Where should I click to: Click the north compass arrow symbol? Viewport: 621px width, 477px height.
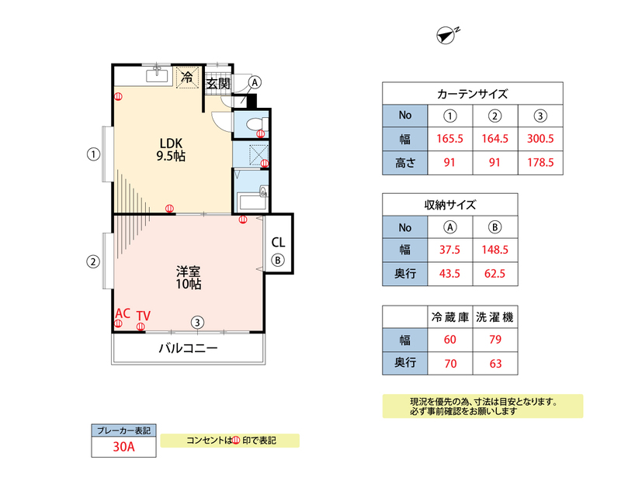[446, 36]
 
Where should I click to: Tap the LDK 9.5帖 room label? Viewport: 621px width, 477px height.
[171, 149]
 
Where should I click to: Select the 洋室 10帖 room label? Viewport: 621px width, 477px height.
[189, 278]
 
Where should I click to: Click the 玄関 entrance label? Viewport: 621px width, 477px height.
[218, 84]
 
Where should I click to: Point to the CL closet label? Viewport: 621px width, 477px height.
[278, 242]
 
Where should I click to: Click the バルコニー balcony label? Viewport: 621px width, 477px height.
[189, 348]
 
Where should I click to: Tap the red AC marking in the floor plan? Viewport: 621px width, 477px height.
[123, 313]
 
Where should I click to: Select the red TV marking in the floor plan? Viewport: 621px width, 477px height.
[144, 316]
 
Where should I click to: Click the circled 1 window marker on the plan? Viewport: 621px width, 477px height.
[93, 154]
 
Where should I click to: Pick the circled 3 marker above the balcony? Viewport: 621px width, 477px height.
[197, 322]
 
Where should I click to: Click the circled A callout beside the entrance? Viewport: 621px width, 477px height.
[255, 82]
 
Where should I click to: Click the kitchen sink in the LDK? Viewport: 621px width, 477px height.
[158, 74]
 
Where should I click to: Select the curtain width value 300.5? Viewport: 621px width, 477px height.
[540, 139]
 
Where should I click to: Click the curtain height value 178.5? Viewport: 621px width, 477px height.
[540, 162]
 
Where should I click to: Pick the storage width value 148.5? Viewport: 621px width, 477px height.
[495, 250]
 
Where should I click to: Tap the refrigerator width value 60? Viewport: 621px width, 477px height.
[450, 339]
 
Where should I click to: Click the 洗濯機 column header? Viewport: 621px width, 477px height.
[495, 317]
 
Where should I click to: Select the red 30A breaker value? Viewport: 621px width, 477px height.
[124, 447]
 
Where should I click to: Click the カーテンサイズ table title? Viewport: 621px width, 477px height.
[473, 94]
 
